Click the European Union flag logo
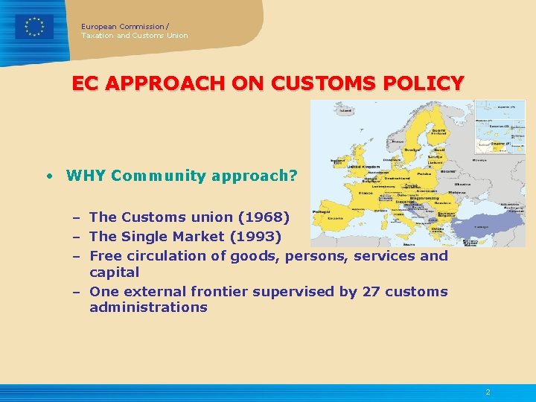(x=34, y=27)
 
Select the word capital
(x=114, y=272)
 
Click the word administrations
(x=148, y=307)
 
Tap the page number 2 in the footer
(x=488, y=392)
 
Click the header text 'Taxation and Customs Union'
(x=135, y=36)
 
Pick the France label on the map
(x=366, y=193)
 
